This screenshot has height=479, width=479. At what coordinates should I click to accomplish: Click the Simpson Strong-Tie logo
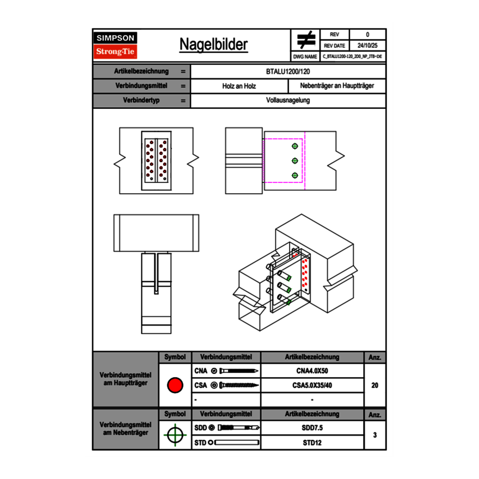coord(116,45)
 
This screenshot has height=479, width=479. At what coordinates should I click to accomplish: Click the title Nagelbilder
coord(213,45)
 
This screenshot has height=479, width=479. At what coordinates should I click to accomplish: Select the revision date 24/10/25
coord(367,46)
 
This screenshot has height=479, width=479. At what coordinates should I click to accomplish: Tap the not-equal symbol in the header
coord(306,40)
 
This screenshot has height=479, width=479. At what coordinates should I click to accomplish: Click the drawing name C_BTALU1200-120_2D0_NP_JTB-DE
coord(352,56)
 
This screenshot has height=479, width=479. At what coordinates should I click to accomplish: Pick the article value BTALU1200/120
coord(288,71)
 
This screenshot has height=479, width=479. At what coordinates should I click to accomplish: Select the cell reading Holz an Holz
coord(239,86)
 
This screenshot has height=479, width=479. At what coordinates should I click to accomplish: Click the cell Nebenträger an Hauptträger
coord(337,86)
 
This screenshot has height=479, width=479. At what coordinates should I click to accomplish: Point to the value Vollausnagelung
coord(288,101)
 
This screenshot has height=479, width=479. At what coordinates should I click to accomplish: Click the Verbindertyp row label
coord(141,101)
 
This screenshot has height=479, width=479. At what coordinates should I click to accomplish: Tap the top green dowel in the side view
coord(295,146)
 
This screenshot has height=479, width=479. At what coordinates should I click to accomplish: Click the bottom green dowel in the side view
coord(295,175)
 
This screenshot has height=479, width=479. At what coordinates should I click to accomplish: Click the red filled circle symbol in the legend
coord(175,386)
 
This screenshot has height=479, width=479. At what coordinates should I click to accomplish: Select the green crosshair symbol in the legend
coord(175,435)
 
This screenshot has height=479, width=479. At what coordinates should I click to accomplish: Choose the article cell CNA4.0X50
coord(312,371)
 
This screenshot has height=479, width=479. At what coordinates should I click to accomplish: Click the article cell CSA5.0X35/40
coord(312,386)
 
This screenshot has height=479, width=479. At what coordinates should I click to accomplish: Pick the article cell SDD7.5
coord(312,428)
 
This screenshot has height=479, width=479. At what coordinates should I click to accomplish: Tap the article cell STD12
coord(312,443)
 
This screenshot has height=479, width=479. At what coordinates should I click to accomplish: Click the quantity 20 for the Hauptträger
coord(375,386)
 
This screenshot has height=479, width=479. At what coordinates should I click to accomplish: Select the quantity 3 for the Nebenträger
coord(375,435)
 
